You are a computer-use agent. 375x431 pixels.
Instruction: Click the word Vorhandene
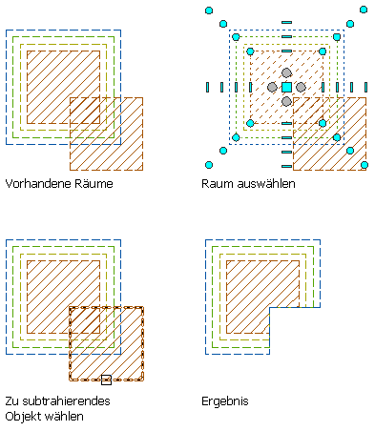[x=38, y=184]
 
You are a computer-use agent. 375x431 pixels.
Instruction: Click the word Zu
[x=12, y=401]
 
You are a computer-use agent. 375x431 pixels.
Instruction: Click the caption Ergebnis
[x=225, y=401]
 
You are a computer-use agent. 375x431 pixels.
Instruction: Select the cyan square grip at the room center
[x=286, y=87]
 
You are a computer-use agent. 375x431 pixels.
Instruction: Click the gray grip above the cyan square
[x=286, y=72]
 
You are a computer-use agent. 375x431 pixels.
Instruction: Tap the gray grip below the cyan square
[x=286, y=101]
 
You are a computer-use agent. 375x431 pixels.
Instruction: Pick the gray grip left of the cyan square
[x=272, y=87]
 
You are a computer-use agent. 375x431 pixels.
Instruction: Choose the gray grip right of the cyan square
[x=301, y=87]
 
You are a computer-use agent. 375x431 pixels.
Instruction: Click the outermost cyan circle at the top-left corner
[x=209, y=10]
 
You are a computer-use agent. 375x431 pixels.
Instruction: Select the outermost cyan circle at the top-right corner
[x=364, y=10]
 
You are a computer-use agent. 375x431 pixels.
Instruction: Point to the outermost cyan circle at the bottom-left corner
[x=209, y=165]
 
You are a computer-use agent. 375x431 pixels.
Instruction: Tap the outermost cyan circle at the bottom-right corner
[x=365, y=165]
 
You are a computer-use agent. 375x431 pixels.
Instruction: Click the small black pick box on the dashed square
[x=106, y=380]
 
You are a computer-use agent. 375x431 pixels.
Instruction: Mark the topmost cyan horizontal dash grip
[x=286, y=22]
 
